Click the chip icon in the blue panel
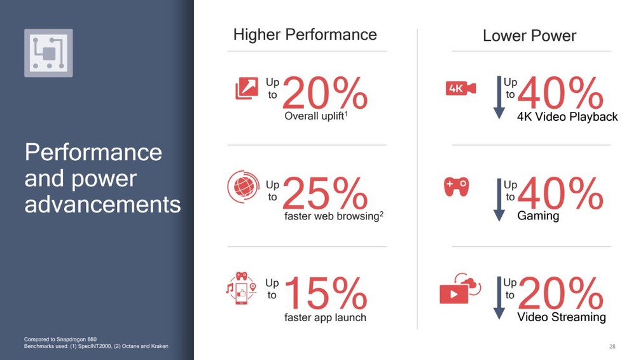pos(49,53)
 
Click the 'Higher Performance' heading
pos(305,35)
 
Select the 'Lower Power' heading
pos(529,36)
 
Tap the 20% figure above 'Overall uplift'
pos(325,93)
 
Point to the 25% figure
pos(325,193)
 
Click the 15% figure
pos(326,293)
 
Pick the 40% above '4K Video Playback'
pos(560,93)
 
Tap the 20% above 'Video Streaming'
pos(561,293)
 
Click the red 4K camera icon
pos(460,88)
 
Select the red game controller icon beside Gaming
pos(457,187)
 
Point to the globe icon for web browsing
pos(244,187)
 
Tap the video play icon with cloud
pos(460,289)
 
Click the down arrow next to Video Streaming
pos(499,298)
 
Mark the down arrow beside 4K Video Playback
pos(499,97)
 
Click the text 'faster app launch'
pos(325,317)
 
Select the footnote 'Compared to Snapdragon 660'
pos(60,339)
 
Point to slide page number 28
pos(612,347)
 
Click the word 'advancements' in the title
pos(102,204)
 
